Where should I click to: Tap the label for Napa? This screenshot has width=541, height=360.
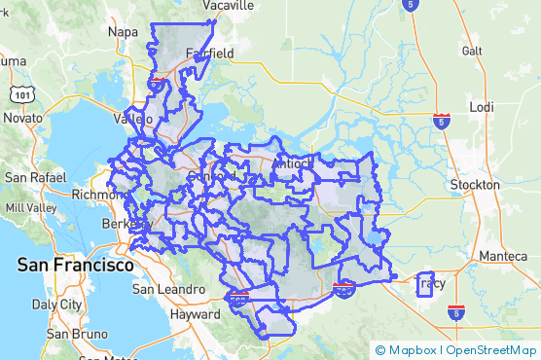click(x=124, y=32)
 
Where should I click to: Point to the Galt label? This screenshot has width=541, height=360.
click(x=473, y=51)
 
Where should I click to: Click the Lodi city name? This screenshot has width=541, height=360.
click(x=482, y=107)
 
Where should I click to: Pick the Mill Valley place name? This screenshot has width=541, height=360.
click(x=30, y=208)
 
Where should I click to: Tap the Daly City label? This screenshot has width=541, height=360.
click(x=58, y=304)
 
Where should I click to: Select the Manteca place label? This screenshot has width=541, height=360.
click(x=504, y=256)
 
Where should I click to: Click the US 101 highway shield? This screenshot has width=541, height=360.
click(x=19, y=94)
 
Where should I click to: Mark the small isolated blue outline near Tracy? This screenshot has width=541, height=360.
click(x=424, y=285)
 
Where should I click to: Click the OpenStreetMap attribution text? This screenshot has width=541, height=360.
click(x=490, y=349)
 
